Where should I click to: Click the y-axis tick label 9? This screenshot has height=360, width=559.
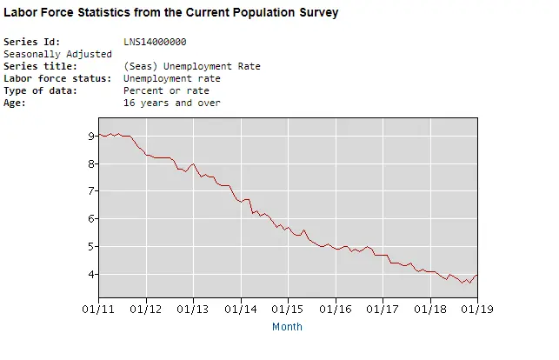[x=91, y=136]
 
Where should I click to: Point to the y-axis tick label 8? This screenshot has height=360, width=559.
[x=91, y=163]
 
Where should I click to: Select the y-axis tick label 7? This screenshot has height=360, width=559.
[x=91, y=191]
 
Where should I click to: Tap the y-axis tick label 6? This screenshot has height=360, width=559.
[x=91, y=219]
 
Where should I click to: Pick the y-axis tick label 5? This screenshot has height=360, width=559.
[x=91, y=247]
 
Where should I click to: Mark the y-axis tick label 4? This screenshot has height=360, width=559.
[x=91, y=275]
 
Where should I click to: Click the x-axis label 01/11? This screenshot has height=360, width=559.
[x=97, y=308]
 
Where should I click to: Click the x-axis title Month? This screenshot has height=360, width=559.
[x=287, y=327]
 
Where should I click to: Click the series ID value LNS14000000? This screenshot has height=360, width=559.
[x=155, y=42]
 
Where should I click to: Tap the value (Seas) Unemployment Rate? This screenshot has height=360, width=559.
[x=191, y=66]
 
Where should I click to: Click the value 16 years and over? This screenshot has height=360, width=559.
[x=172, y=103]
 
